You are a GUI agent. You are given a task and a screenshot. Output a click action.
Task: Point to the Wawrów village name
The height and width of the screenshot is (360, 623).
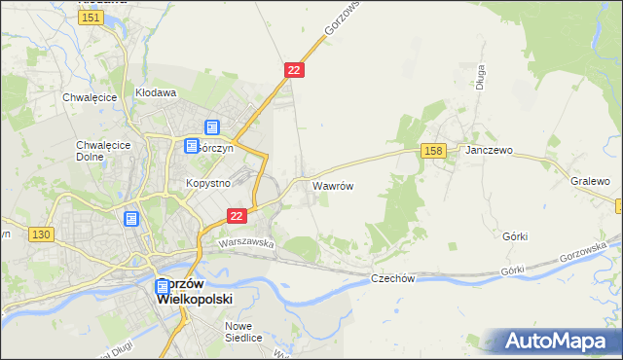(x=332, y=184)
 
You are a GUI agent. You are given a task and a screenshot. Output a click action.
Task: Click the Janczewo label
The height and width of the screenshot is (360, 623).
(x=489, y=152)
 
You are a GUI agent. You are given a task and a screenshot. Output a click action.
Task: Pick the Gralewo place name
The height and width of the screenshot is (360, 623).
(x=590, y=181)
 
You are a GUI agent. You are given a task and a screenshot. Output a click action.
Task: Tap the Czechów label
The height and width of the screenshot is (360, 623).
(x=393, y=278)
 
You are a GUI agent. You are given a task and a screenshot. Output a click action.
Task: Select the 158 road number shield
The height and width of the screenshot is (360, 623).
(x=434, y=150)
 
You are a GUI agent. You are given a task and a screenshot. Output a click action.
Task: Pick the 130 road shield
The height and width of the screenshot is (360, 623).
(x=40, y=234)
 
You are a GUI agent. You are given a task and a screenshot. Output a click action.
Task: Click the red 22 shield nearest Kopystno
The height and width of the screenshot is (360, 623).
(x=236, y=216)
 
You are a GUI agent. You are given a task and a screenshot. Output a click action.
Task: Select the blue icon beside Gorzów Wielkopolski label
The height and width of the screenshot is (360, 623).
(x=163, y=288)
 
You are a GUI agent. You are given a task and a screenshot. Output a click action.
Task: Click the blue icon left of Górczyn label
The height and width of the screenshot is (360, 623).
(x=193, y=146)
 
